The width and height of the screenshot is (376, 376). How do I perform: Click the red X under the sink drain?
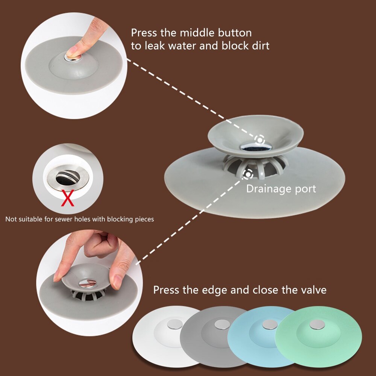68,199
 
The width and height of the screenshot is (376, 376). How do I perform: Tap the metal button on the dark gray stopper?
220,324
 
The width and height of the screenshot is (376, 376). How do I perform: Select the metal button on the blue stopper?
270,324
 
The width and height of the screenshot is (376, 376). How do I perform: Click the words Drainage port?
281,189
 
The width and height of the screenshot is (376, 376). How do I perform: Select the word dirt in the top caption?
259,46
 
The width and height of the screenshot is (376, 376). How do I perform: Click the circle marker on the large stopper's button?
259,139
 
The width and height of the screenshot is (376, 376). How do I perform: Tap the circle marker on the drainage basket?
248,174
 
